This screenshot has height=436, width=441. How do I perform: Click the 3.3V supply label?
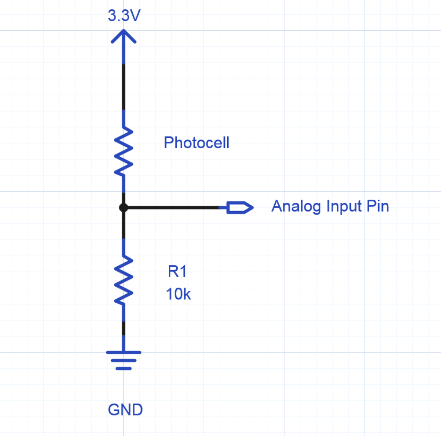[124, 16]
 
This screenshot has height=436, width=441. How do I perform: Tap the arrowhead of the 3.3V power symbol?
[124, 36]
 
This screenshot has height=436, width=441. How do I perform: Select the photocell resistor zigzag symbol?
[124, 152]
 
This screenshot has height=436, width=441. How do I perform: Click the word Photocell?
[196, 143]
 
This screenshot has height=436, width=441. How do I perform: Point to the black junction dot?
[124, 208]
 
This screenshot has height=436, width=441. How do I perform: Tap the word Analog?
[296, 207]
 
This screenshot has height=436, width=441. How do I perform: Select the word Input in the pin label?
[344, 207]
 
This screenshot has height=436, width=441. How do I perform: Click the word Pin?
[378, 206]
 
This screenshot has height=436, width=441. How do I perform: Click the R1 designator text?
[177, 272]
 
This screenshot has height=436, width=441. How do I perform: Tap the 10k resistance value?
[178, 294]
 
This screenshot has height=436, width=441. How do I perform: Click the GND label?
[125, 410]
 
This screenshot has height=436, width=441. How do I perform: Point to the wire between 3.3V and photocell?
[124, 87]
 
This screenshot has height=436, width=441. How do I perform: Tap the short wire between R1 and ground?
[124, 329]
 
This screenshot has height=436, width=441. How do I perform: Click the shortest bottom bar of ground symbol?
[124, 369]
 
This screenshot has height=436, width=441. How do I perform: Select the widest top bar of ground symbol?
[124, 352]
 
